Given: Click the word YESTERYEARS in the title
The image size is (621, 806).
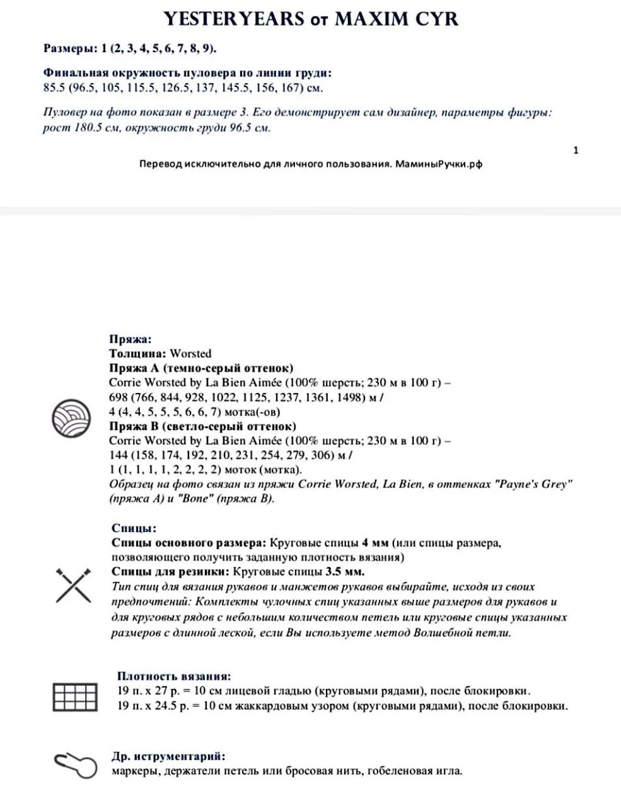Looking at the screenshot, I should point(234,19).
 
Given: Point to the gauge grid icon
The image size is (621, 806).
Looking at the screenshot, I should point(75,697).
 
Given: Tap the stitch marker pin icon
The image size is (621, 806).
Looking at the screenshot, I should point(75,764).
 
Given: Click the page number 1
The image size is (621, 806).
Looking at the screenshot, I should point(576,150).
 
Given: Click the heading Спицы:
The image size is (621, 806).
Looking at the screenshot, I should point(134,528).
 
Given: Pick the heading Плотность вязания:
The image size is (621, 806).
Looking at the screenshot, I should point(174,676).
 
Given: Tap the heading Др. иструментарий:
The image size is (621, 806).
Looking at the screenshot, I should point(168,756).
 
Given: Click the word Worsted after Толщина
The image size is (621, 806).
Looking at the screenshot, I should point(190,353).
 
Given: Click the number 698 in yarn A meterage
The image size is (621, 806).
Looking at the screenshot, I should point(119,397).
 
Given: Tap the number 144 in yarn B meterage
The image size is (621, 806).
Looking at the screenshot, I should point(119,455).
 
